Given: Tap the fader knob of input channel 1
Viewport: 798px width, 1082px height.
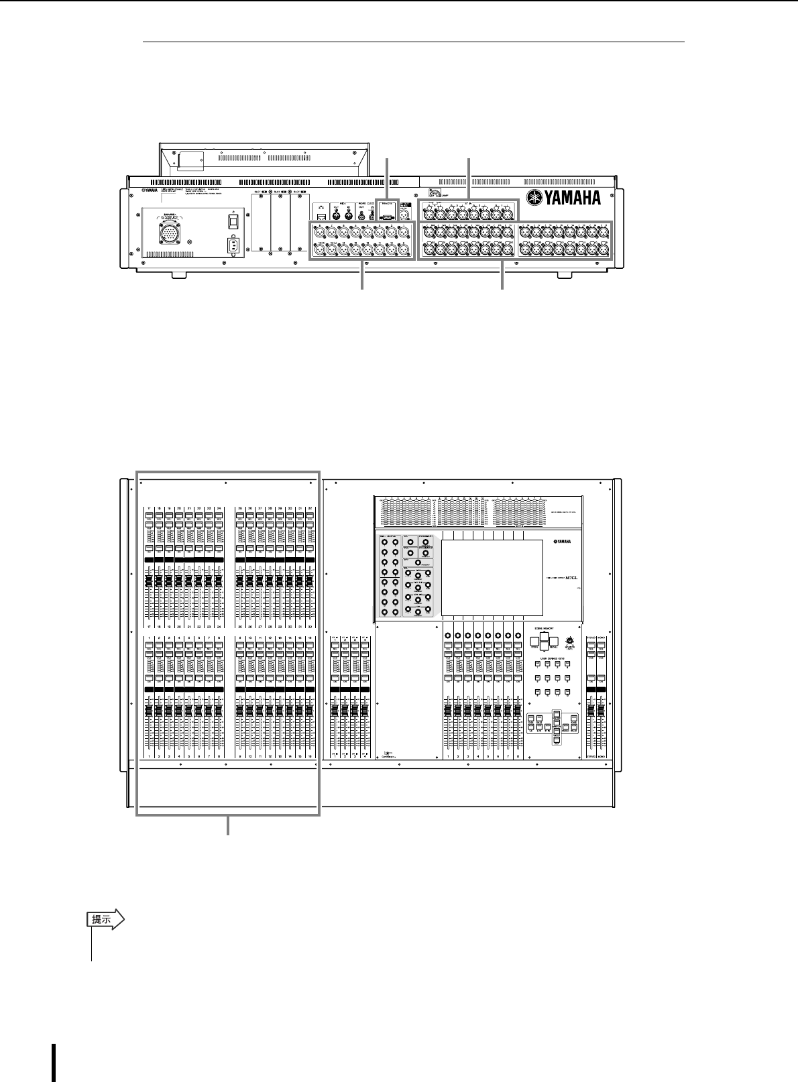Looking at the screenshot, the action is [149, 710].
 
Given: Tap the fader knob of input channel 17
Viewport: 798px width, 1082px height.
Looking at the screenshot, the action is [149, 581].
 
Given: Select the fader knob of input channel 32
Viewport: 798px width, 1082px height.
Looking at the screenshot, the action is [309, 581].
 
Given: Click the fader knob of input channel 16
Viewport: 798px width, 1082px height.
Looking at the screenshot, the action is [309, 710].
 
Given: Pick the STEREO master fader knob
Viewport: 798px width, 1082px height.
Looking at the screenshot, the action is [591, 710].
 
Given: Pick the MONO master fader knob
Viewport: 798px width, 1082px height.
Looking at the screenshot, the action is [601, 710].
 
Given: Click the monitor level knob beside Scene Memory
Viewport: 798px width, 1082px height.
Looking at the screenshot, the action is [569, 640].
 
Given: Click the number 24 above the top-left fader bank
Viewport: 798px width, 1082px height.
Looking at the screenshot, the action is [219, 509].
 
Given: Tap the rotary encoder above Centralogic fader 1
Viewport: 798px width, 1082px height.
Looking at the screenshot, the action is [447, 634].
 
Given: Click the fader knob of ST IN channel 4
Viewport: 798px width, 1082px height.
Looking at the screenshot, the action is [365, 710].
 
